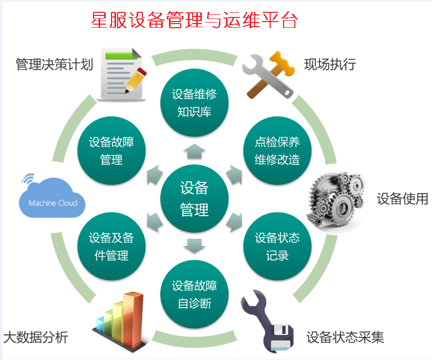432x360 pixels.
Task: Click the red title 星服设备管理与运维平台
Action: pos(194,21)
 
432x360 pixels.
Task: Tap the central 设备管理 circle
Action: pos(194,199)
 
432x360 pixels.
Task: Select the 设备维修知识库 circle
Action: pos(194,103)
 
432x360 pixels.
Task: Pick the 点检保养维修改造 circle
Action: pos(277,151)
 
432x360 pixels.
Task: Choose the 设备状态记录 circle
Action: pos(277,247)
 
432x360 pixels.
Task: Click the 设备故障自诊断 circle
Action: pos(194,294)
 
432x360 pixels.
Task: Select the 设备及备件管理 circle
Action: pos(111,247)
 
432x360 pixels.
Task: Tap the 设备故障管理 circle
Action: pos(111,151)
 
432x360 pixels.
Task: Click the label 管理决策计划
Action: pos(54,65)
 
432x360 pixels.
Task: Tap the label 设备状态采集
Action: pos(345,337)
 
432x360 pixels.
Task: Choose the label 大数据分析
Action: pos(36,337)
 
